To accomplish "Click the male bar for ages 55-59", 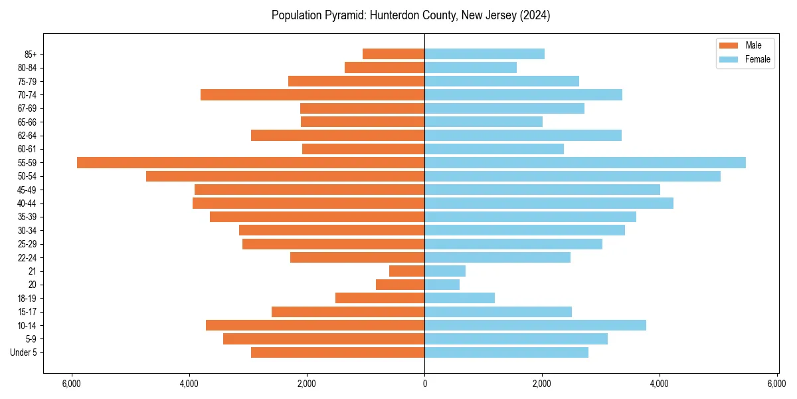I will tap(250, 162).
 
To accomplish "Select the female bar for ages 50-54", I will tap(572, 176).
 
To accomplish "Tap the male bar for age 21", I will tap(406, 271).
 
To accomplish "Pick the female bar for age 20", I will tap(442, 285).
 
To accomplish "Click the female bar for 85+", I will tap(484, 54).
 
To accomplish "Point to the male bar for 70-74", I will tap(312, 94).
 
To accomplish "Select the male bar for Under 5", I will tap(337, 352).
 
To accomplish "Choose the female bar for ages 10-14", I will tap(535, 325).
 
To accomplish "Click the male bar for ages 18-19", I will tap(379, 298).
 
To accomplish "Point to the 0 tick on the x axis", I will tap(424, 384).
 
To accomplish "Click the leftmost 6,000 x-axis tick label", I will tap(71, 384).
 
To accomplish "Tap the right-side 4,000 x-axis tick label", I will tap(660, 384).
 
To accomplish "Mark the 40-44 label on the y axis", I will tap(27, 203).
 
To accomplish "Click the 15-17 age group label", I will tap(27, 312).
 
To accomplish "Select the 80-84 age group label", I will tap(27, 68).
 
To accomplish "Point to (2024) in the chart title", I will tap(535, 15).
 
